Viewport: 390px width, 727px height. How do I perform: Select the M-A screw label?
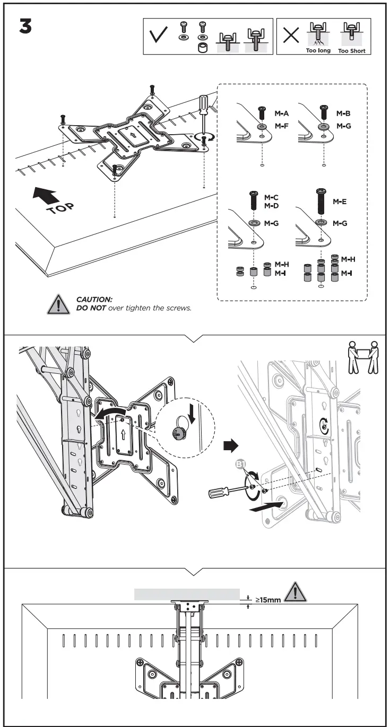coord(281,113)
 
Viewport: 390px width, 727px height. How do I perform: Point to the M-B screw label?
coord(343,113)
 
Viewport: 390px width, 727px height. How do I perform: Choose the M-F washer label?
coord(281,127)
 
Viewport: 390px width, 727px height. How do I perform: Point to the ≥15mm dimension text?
coord(267,601)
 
